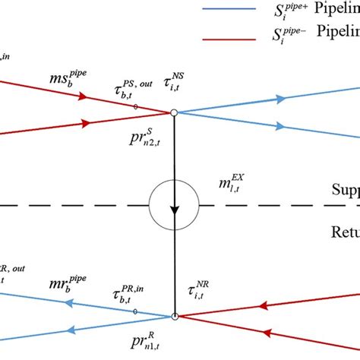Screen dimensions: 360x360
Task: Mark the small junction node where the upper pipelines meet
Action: point(175,112)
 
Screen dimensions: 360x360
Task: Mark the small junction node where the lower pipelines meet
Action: point(175,316)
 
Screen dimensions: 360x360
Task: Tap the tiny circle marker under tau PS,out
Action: point(136,107)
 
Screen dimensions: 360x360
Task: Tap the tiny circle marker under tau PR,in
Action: point(136,311)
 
